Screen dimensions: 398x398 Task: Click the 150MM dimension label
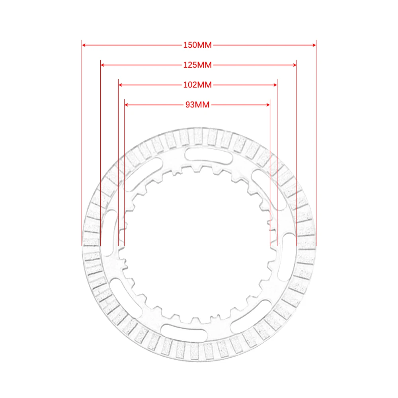pos(197,45)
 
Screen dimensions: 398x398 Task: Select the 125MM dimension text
pos(197,65)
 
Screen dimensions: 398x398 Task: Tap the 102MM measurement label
pos(197,85)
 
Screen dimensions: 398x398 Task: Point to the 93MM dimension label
pos(197,105)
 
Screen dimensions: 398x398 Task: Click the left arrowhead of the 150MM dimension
pos(84,45)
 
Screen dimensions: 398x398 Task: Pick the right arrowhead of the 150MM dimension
pos(314,45)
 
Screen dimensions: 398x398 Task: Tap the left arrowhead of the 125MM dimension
pos(103,65)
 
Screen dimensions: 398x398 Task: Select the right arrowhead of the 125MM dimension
pos(295,65)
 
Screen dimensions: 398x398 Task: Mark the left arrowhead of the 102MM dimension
pos(121,85)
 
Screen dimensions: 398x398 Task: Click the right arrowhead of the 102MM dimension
pos(275,85)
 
